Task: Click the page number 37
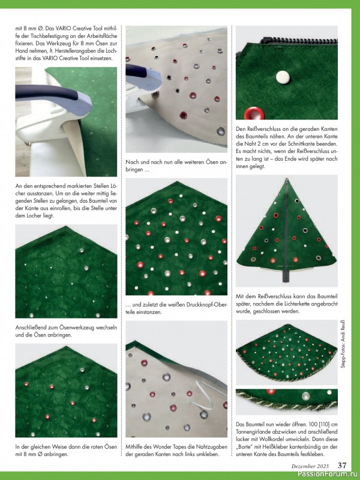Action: point(342,466)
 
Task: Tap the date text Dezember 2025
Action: point(310,466)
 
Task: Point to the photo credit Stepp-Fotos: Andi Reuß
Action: point(343,344)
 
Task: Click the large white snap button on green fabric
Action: point(283,77)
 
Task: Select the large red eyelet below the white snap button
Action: point(254,113)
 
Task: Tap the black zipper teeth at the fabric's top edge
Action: point(299,41)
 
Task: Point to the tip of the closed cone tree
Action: point(287,179)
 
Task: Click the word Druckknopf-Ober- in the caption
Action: point(205,305)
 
